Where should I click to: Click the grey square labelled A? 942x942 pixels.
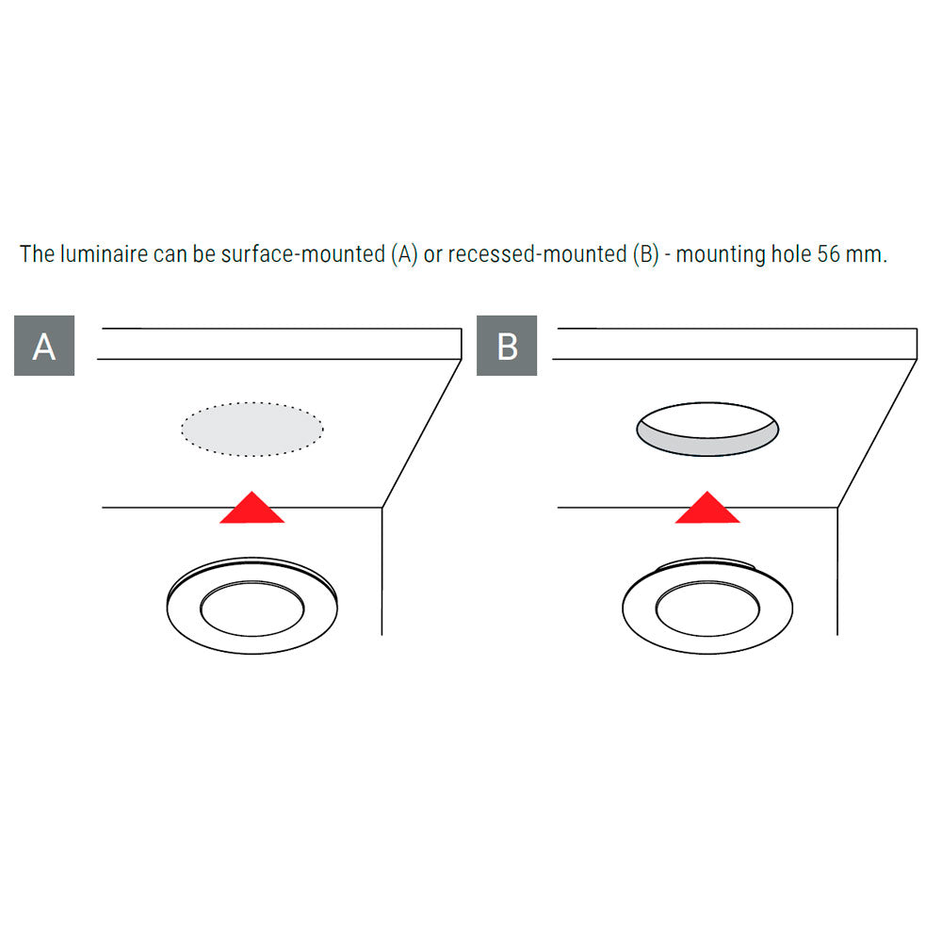click(44, 346)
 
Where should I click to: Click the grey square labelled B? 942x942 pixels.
click(507, 346)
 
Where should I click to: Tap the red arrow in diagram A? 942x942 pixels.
click(252, 508)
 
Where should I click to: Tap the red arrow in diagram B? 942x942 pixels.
click(707, 508)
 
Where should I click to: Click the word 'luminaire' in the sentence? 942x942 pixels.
click(104, 254)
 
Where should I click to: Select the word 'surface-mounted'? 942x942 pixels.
click(303, 254)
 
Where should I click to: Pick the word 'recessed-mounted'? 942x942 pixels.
click(537, 254)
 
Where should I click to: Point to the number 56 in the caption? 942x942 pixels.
click(828, 254)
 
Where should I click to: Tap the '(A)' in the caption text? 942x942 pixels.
click(404, 254)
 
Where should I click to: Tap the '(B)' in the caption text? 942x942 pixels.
click(646, 254)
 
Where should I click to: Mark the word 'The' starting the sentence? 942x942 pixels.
click(38, 254)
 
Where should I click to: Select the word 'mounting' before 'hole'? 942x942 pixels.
click(721, 255)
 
